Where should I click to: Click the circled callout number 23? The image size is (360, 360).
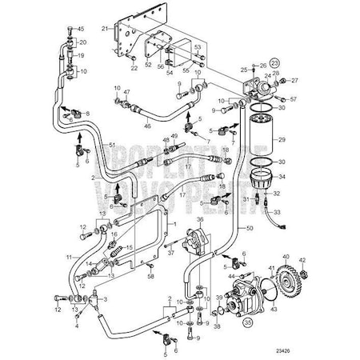click(x=275, y=62)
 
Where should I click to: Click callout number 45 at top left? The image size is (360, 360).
click(x=78, y=28)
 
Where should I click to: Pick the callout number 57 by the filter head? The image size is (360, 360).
click(x=294, y=98)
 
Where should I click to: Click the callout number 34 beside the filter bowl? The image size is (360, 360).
click(x=282, y=178)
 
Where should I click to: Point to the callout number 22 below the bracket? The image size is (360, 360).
click(x=134, y=68)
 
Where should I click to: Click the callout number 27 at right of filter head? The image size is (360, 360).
click(x=295, y=81)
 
